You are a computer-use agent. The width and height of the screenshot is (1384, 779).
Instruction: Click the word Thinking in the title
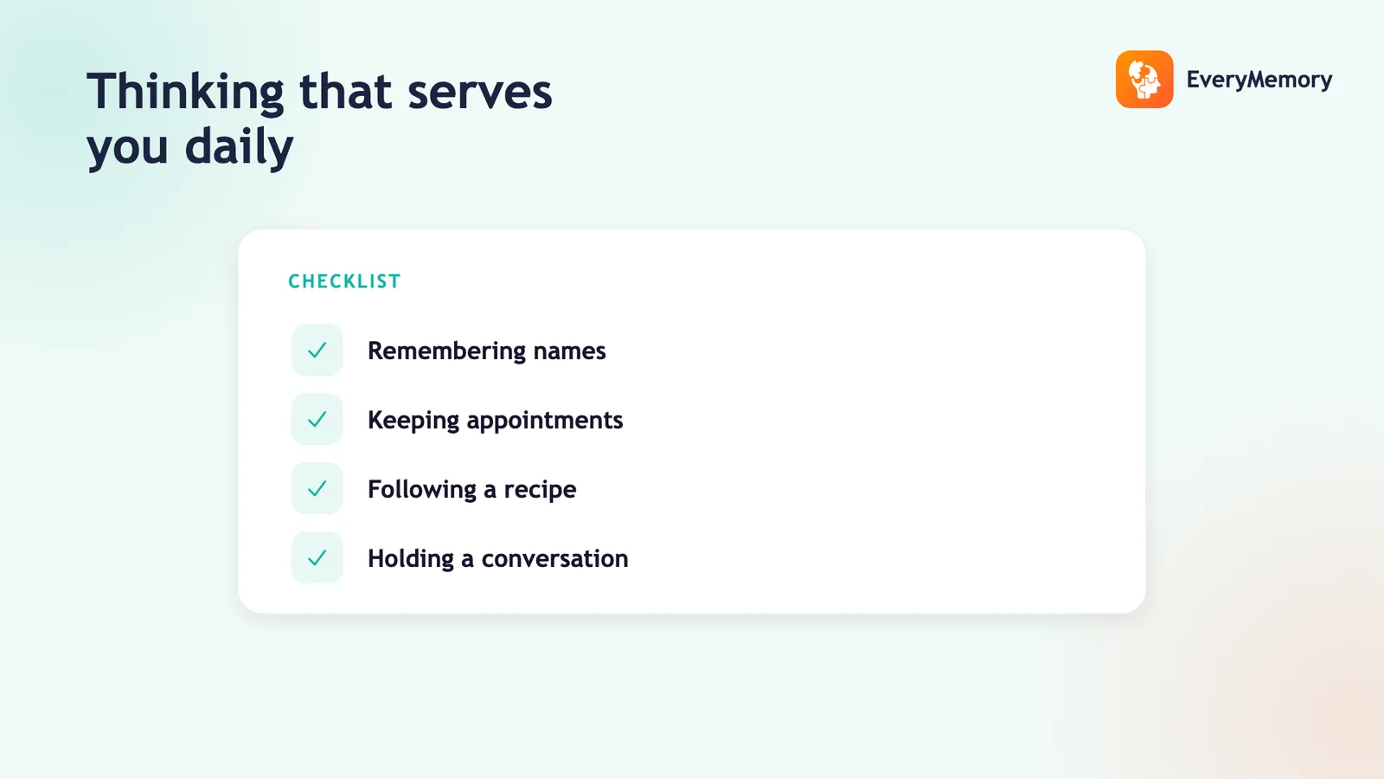[185, 93]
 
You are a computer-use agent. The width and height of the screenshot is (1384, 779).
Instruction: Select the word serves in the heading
[479, 93]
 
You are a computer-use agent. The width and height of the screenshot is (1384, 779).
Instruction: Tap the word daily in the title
[239, 147]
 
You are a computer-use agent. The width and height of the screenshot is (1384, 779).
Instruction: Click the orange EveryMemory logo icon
[1144, 79]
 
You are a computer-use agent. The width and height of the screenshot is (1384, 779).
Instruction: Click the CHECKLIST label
[345, 281]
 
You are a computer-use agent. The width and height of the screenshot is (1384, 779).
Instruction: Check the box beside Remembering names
[317, 350]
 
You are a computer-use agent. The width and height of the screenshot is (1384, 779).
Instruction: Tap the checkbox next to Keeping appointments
[317, 419]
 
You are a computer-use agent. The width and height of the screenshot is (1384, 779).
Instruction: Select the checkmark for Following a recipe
[317, 488]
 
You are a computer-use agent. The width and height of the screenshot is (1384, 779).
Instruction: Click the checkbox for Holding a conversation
[317, 557]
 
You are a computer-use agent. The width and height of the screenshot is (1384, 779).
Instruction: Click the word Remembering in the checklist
[446, 351]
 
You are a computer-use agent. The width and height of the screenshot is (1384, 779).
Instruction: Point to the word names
[570, 351]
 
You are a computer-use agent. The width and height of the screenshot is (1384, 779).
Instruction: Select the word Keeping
[413, 421]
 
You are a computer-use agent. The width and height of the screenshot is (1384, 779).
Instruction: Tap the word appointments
[545, 421]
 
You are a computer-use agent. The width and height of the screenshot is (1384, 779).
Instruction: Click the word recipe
[540, 490]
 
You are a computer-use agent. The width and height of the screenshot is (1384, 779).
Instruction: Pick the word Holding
[411, 559]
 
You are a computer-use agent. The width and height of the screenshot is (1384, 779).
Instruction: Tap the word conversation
[554, 559]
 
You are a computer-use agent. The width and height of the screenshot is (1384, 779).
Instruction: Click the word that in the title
[345, 93]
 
